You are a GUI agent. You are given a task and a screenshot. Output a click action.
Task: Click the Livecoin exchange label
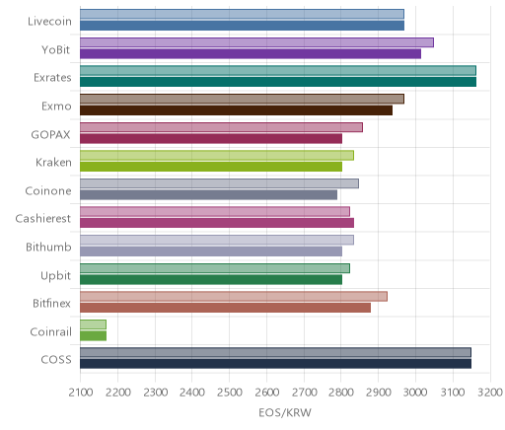[x=49, y=22]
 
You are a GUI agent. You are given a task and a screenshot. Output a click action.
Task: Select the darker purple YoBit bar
[x=251, y=53]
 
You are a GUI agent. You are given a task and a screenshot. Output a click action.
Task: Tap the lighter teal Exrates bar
[x=278, y=70]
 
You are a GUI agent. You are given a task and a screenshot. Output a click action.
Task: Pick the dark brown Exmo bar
[x=236, y=110]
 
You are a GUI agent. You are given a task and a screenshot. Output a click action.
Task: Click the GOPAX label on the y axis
[x=50, y=135]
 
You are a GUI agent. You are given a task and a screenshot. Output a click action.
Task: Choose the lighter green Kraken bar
[x=217, y=155]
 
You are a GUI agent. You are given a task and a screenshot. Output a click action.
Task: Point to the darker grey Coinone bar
[x=208, y=194]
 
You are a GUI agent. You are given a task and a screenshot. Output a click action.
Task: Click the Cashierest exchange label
[x=43, y=219]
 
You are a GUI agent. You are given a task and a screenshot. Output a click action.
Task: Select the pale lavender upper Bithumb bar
[x=217, y=240]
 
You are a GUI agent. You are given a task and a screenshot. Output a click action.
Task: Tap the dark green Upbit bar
[x=211, y=279]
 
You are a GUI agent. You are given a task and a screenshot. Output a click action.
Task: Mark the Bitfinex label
[x=51, y=304]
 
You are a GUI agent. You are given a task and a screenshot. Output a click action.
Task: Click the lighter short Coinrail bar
[x=93, y=324]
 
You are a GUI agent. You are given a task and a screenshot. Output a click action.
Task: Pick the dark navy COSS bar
[x=275, y=364]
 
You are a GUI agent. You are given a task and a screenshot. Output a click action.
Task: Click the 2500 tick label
[x=230, y=393]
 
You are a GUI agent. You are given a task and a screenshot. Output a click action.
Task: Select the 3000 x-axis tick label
[x=415, y=393]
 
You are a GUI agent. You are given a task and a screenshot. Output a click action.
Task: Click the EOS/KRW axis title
[x=285, y=413]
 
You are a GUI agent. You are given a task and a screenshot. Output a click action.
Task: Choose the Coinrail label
[x=50, y=332]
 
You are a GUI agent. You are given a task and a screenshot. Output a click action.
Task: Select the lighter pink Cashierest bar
[x=215, y=211]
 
